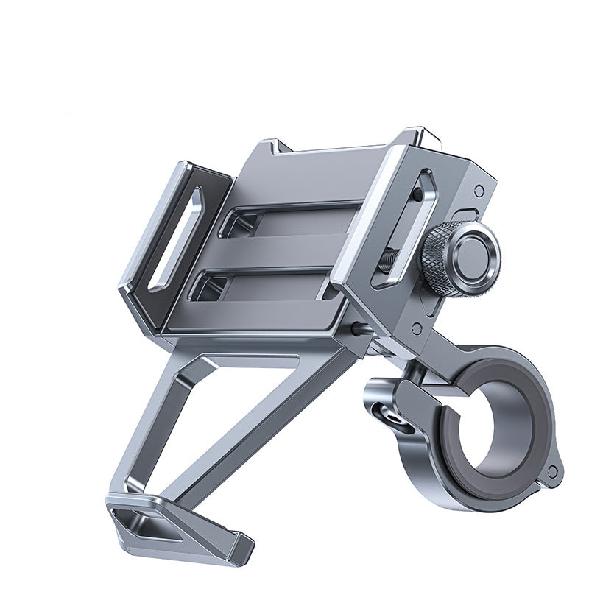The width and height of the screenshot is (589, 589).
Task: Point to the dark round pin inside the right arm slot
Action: [417, 196]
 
